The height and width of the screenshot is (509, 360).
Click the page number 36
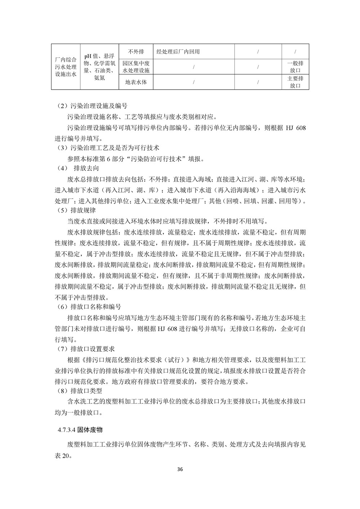coord(180,469)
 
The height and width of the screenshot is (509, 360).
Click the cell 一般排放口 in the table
coord(295,67)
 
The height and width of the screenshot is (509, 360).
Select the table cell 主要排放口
coord(295,82)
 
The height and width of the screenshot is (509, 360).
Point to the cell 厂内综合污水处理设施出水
coord(66,67)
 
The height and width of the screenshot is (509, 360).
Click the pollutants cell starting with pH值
coord(99,67)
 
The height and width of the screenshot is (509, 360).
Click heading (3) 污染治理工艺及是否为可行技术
coord(108,148)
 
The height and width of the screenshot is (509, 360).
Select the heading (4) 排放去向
coord(78,168)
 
